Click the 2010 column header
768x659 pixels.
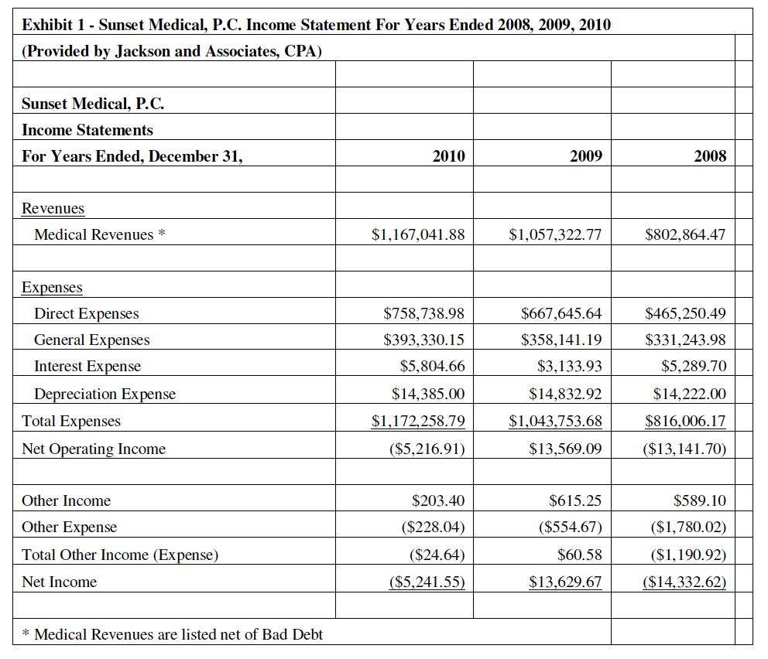tap(448, 156)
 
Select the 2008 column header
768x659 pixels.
tap(710, 156)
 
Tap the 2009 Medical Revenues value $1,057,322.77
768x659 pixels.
tap(555, 234)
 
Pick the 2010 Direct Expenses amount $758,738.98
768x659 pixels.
tap(424, 313)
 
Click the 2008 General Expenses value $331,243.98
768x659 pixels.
tap(685, 340)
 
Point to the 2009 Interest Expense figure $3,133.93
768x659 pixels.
tap(569, 366)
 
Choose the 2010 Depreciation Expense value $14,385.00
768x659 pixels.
tap(428, 394)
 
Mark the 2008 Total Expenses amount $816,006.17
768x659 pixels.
tap(685, 422)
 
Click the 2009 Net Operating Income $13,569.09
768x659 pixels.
tap(565, 449)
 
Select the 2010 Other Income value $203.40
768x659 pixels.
tap(438, 500)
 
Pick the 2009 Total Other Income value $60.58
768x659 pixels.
tap(579, 555)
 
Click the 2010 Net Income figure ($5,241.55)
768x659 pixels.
tap(427, 582)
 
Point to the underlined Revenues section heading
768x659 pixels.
tap(53, 208)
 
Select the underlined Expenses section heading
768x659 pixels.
tap(52, 287)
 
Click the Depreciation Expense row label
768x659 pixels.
tap(105, 394)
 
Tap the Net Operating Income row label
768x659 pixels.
tap(94, 449)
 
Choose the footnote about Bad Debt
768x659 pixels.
tap(173, 634)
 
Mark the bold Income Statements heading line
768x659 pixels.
tap(87, 130)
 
